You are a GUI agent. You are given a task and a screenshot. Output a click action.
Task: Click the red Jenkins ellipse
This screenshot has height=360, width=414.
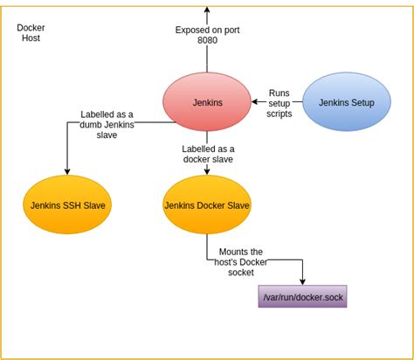207,102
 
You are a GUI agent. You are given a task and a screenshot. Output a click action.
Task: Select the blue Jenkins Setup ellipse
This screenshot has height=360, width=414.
346,102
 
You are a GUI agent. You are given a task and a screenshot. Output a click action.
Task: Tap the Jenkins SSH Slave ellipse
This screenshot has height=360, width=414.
66,205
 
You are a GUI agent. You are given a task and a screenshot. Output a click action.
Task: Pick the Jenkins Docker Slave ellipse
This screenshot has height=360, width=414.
207,205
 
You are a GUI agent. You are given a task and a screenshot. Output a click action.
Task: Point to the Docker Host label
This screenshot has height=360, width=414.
31,33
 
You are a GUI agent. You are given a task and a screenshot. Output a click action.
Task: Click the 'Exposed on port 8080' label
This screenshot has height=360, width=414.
208,34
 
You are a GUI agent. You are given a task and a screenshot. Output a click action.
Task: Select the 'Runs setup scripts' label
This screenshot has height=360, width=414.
279,102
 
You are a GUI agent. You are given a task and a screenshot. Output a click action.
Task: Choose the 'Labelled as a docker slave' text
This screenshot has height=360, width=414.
207,155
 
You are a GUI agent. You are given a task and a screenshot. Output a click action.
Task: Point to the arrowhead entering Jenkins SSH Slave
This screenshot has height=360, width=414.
66,172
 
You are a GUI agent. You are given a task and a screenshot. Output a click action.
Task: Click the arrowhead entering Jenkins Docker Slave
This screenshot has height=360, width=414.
207,172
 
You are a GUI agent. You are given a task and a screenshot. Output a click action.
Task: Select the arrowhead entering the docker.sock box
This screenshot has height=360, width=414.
303,280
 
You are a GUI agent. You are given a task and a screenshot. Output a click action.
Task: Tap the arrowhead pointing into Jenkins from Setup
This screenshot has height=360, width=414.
254,102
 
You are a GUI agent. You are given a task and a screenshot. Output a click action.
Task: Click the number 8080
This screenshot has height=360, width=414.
208,39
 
